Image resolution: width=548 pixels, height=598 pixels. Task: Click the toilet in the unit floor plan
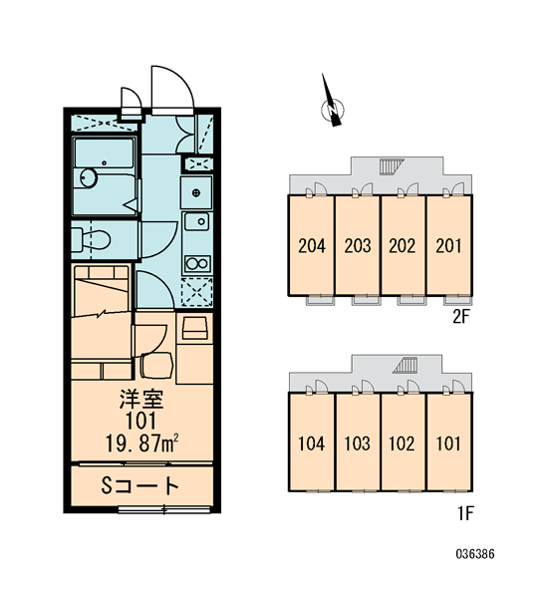coord(91,240)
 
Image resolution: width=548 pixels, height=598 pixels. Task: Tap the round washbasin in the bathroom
coord(89,178)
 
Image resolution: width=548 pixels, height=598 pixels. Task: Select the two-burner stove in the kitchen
coord(196,263)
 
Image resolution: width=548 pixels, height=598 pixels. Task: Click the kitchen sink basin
coord(196,221)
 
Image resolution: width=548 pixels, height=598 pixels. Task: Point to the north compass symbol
coord(332,103)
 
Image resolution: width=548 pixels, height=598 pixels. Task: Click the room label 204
coord(312,245)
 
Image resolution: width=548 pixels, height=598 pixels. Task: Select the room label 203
coord(358,245)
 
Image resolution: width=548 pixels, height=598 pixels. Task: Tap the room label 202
coord(403,245)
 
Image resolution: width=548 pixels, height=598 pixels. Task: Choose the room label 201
coord(448,245)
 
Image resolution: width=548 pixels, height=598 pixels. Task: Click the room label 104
coord(312,444)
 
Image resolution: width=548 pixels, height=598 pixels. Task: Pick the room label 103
coord(358,444)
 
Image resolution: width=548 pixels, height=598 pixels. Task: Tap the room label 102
coord(402,444)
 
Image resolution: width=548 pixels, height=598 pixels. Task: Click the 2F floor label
coord(461,316)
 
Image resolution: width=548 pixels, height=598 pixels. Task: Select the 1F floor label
coord(465,513)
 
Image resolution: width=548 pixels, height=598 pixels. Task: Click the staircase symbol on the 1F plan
coord(405,365)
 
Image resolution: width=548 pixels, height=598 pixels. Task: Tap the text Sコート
coord(139,485)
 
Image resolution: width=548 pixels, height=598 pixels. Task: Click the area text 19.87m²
coord(141,443)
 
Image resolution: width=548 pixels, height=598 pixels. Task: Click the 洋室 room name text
coord(141,399)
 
